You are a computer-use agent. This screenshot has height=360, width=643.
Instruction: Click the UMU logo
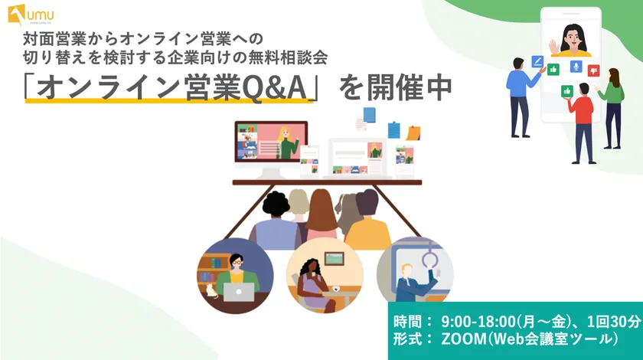(31, 15)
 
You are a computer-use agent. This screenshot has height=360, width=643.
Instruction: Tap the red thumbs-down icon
(593, 70)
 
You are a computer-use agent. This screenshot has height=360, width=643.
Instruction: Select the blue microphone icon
(576, 66)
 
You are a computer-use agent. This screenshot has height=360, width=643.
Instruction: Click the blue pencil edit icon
(537, 61)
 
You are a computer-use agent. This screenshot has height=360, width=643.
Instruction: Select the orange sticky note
(413, 133)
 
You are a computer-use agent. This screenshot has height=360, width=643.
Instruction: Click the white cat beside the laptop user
(211, 290)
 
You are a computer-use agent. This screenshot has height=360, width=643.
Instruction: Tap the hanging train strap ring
(430, 259)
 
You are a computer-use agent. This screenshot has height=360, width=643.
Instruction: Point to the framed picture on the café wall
(335, 258)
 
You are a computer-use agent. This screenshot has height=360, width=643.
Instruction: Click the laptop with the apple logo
(239, 292)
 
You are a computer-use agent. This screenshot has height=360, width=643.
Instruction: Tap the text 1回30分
(613, 322)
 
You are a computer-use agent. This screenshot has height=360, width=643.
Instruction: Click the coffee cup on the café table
(336, 289)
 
